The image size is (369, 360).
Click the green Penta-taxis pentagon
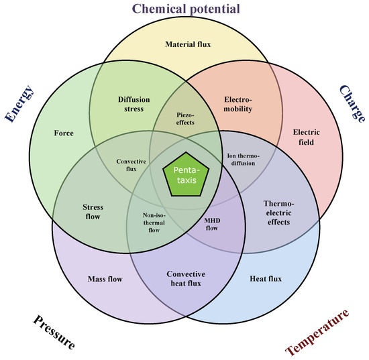click(186, 175)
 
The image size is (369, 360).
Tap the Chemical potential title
click(186, 9)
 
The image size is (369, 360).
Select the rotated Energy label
click(19, 104)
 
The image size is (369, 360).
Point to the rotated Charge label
click(352, 104)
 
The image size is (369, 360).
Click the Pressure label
click(54, 332)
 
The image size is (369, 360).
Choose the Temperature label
click(317, 333)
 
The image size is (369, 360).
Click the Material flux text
click(188, 44)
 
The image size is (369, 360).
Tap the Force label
click(64, 133)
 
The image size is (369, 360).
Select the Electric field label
click(306, 137)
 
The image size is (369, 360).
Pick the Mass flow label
click(105, 279)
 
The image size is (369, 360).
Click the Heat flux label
click(266, 279)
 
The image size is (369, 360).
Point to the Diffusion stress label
click(134, 104)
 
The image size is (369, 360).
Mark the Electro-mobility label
click(238, 104)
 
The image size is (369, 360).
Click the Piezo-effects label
click(185, 119)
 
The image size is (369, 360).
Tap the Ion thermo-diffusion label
click(243, 160)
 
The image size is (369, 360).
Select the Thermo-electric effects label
click(279, 213)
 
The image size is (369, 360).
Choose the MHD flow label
click(212, 224)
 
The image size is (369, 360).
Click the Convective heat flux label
click(186, 279)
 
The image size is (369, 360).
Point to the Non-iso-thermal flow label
click(154, 223)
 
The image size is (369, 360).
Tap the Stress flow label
click(93, 212)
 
